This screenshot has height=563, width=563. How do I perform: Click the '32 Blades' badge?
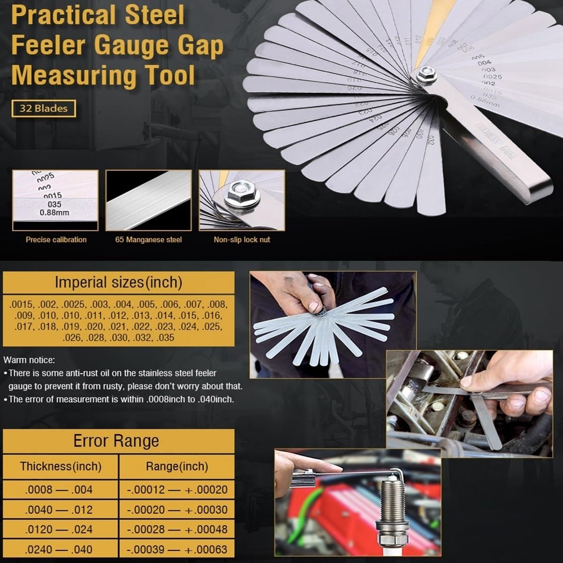point(44,108)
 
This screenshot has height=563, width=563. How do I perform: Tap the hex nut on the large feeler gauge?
point(426,74)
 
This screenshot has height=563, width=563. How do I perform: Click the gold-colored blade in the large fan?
point(425,47)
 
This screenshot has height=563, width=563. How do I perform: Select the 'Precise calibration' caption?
point(56,240)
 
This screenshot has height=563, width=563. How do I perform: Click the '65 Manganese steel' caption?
point(148,240)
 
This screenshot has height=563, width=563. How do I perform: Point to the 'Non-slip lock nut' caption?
point(242,240)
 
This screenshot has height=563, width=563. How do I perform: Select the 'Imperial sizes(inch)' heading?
point(118,282)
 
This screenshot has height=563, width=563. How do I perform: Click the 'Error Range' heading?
point(116,441)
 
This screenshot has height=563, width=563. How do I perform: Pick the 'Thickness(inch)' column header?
point(61,466)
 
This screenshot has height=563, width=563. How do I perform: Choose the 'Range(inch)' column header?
point(177,466)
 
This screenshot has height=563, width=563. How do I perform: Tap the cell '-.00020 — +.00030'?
point(177,510)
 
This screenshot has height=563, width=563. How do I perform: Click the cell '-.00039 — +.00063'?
point(177,549)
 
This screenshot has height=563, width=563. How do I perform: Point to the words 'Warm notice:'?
point(29,360)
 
